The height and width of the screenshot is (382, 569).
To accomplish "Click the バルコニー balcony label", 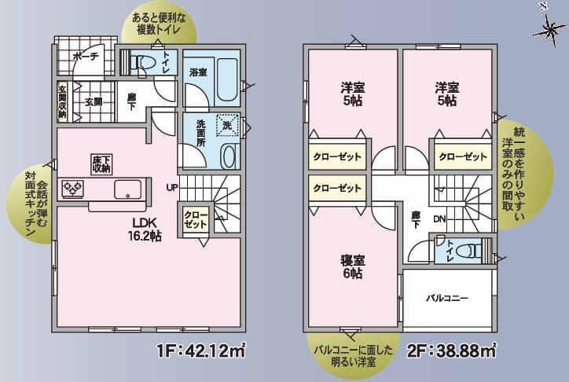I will [x=447, y=299].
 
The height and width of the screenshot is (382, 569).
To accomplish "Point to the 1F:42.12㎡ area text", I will [x=200, y=351].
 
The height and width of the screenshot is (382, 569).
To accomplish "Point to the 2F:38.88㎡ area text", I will [x=451, y=351].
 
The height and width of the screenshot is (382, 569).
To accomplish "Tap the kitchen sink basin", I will [x=127, y=189].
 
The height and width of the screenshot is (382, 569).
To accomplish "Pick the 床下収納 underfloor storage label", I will [x=100, y=163].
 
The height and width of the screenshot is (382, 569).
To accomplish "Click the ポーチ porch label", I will [x=84, y=57].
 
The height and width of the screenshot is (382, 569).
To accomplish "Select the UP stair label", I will [x=171, y=187].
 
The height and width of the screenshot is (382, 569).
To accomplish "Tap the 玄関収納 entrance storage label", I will [x=62, y=101].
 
